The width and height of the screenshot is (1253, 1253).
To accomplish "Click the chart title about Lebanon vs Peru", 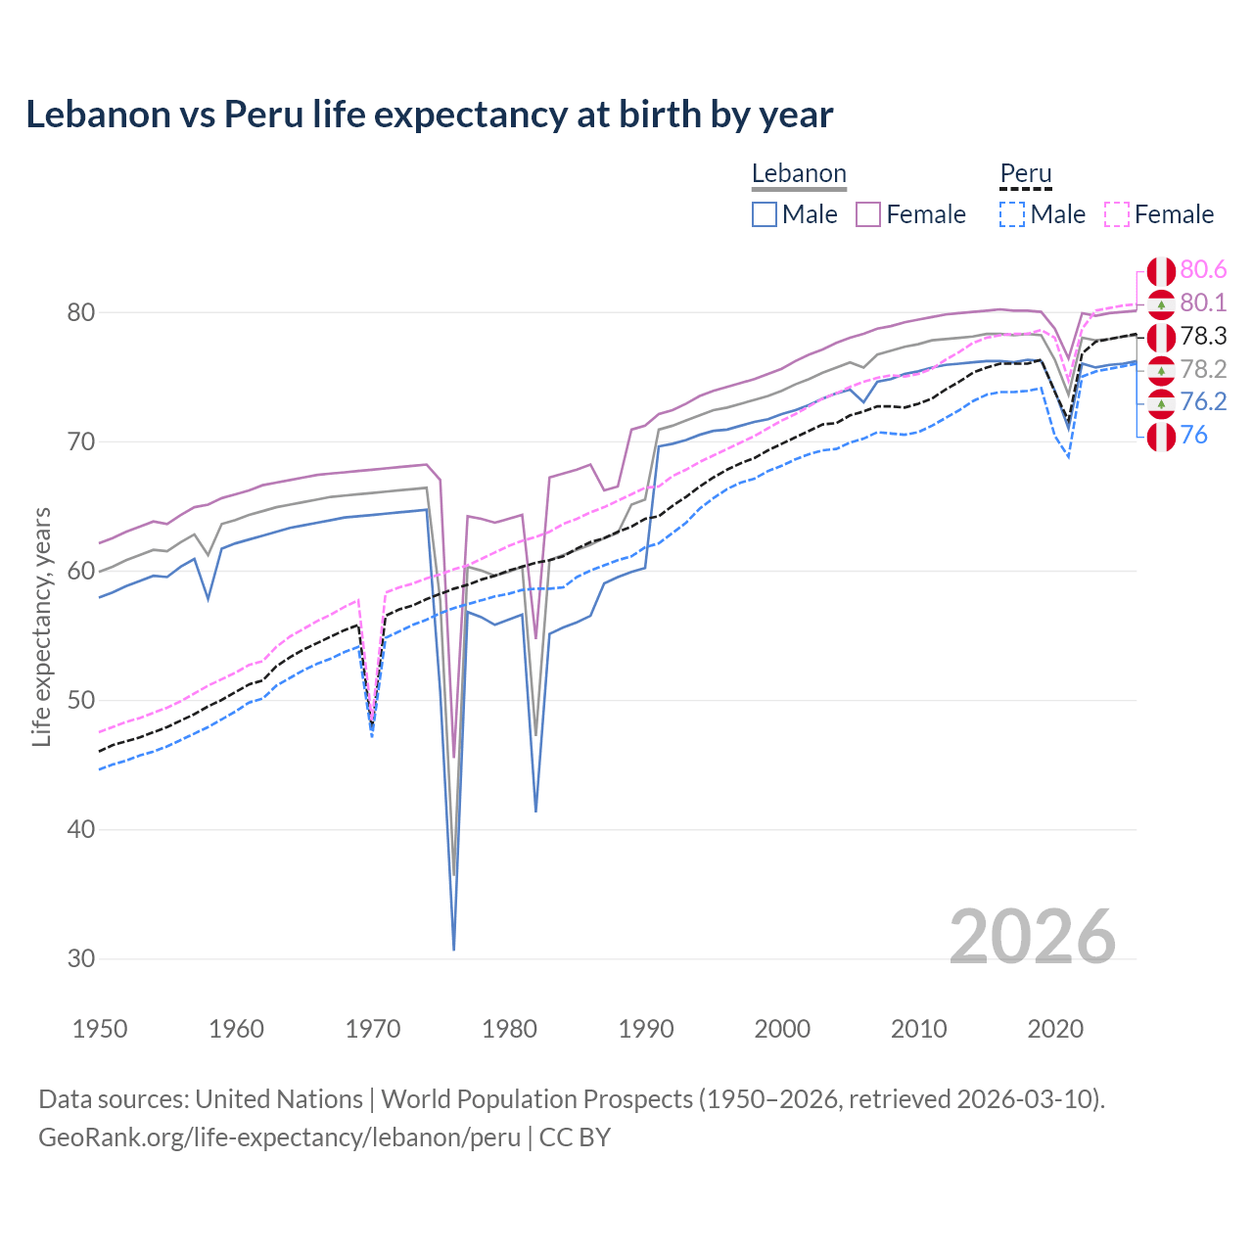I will [429, 115].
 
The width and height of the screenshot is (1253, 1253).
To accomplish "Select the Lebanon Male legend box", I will [765, 214].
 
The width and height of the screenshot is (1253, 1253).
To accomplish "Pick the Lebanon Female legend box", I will [868, 214].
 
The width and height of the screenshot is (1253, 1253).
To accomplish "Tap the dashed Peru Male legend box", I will [1012, 214].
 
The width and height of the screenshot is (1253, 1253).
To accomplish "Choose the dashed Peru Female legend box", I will [1117, 214].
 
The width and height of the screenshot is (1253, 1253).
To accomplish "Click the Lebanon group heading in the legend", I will [799, 173].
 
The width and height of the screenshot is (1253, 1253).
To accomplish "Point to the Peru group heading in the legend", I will [1025, 173].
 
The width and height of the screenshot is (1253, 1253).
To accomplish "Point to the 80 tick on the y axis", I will [81, 313].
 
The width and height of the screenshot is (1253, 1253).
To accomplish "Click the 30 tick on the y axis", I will [81, 959].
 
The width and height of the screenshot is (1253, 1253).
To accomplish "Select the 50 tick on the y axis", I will [81, 701].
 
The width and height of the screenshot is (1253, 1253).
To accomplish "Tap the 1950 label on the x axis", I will [100, 1029].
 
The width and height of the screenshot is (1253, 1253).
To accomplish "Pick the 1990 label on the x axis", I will [646, 1029].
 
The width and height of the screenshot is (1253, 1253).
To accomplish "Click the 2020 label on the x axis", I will [1055, 1029].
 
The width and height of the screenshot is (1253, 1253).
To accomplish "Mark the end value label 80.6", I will [1203, 270].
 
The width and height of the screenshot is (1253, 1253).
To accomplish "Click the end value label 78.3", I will [1203, 337].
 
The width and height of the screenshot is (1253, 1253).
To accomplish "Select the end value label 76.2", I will [1203, 402].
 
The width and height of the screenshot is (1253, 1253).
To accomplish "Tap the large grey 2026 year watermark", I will [1032, 937].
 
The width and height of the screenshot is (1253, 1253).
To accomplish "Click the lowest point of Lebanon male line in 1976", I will [454, 949].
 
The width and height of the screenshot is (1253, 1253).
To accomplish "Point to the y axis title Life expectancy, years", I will [42, 626].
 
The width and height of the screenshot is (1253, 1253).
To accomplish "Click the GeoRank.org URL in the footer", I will [279, 1137].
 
